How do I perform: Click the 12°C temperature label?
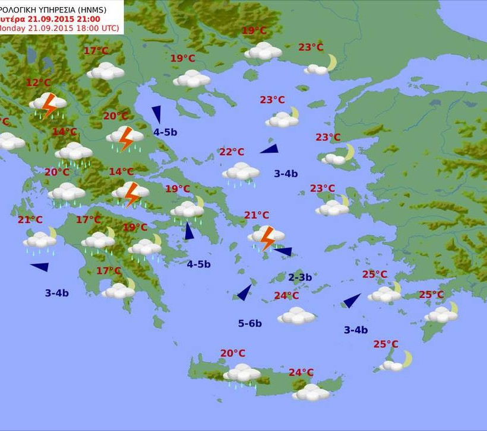point(38,82)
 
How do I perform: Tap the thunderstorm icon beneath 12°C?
point(48,105)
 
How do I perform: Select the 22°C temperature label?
point(232,152)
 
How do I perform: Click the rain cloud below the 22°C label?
point(241,173)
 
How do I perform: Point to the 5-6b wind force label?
point(250,323)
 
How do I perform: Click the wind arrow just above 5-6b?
point(245,293)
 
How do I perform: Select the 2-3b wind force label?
point(300,277)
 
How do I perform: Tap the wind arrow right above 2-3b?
point(283,252)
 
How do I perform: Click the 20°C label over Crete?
point(233,353)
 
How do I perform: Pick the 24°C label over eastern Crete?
point(301,372)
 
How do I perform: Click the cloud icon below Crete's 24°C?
point(311,392)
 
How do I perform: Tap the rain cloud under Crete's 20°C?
point(242,373)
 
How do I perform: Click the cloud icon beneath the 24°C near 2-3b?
point(296,315)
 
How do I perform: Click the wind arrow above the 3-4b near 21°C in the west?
point(40,267)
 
